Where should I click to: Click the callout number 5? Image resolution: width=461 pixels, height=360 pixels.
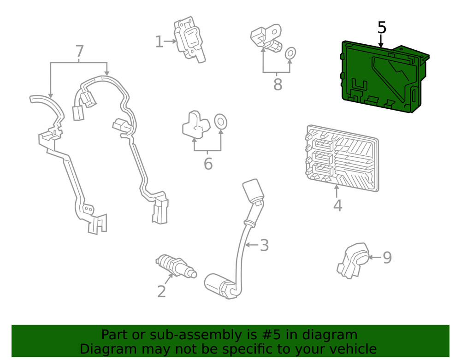pyautogui.click(x=382, y=28)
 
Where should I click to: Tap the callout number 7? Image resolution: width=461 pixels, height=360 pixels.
pyautogui.click(x=79, y=51)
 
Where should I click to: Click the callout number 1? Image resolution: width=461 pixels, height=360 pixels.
pyautogui.click(x=159, y=42)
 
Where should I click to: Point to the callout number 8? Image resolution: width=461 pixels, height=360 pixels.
pyautogui.click(x=278, y=85)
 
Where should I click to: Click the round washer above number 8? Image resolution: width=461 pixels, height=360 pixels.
pyautogui.click(x=290, y=54)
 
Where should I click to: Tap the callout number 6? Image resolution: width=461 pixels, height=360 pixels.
pyautogui.click(x=208, y=164)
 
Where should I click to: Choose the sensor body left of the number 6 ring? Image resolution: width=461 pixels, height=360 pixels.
pyautogui.click(x=195, y=124)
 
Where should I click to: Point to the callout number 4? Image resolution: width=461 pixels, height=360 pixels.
pyautogui.click(x=337, y=206)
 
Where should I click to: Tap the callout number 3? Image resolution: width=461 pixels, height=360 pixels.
pyautogui.click(x=264, y=245)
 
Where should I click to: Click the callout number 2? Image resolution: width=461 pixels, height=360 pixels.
pyautogui.click(x=161, y=291)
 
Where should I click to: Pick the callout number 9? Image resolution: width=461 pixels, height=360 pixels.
pyautogui.click(x=387, y=258)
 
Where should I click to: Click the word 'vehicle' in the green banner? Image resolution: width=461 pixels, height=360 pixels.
pyautogui.click(x=350, y=348)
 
